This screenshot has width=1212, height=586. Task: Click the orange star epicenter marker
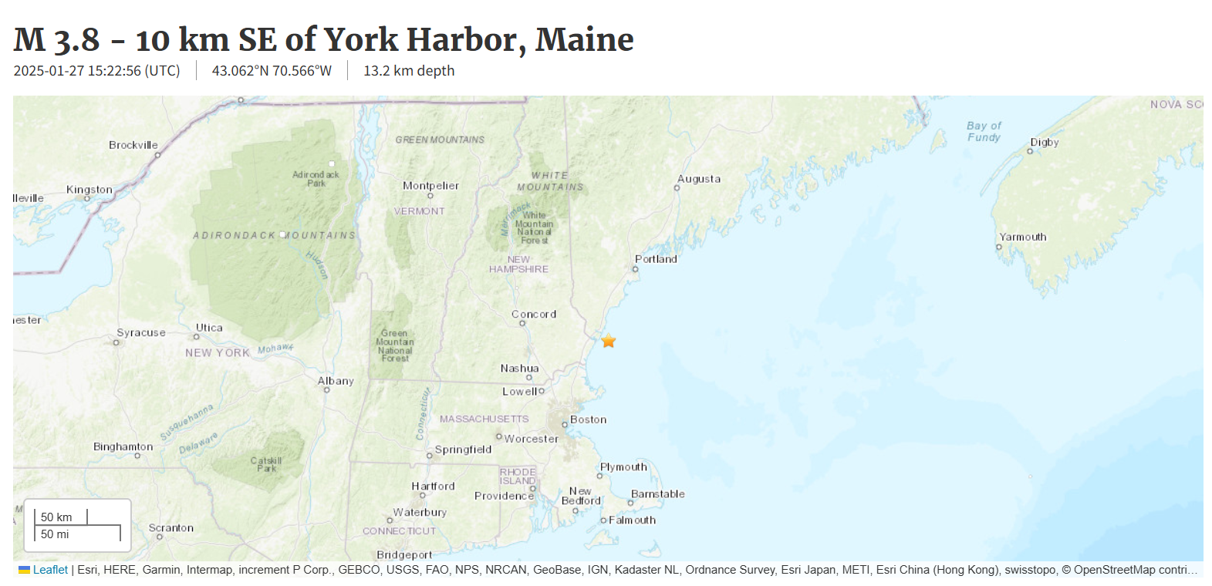[609, 341]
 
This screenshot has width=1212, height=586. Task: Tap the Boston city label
[588, 419]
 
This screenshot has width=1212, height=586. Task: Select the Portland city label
[656, 259]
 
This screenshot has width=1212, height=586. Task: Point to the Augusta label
[699, 179]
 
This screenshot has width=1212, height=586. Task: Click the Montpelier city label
[430, 186]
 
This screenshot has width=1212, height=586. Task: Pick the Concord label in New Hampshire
[533, 315]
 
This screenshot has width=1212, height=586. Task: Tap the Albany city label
[336, 381]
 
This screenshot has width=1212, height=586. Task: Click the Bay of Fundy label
[984, 131]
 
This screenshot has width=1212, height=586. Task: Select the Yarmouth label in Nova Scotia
[1022, 237]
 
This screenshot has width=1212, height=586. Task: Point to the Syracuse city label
[141, 333]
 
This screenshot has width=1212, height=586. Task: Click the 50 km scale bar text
[56, 517]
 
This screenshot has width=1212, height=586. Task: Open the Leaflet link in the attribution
[50, 570]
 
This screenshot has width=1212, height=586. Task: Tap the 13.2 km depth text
[409, 71]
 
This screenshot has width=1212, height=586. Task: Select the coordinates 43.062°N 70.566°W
[272, 71]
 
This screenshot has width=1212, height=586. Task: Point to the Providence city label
[504, 496]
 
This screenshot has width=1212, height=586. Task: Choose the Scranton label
[171, 528]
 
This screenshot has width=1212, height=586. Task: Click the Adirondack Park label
[316, 179]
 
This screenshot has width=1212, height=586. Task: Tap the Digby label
[1044, 143]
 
